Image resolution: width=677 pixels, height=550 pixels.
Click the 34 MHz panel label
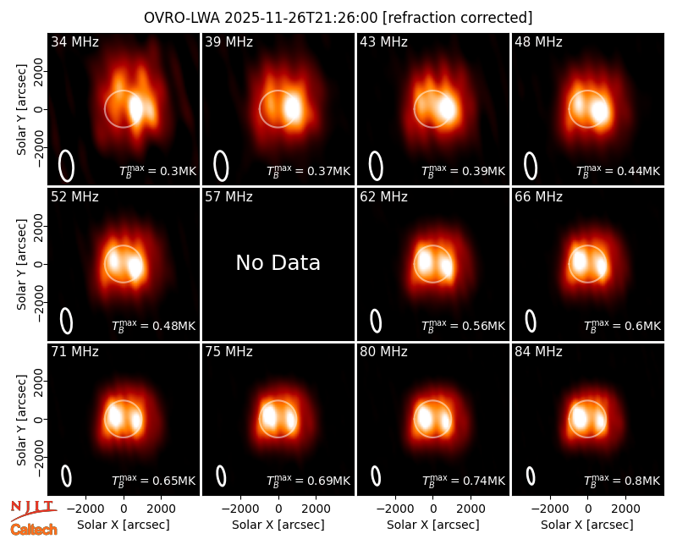[74, 41]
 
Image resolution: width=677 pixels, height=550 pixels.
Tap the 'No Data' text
[278, 262]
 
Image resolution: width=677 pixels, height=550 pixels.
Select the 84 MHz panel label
[538, 352]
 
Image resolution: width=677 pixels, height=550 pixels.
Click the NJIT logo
[33, 510]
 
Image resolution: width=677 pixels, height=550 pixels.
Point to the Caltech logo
[34, 530]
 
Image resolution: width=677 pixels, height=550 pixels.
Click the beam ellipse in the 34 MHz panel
[67, 166]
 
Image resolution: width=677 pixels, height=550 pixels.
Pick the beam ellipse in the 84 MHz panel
[531, 476]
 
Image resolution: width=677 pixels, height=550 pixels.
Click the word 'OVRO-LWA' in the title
[182, 18]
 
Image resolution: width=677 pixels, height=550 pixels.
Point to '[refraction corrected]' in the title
[457, 18]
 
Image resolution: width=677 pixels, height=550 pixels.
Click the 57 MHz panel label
[228, 197]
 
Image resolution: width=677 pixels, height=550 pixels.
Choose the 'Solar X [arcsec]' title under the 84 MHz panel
[587, 525]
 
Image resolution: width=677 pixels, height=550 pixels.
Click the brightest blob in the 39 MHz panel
[292, 108]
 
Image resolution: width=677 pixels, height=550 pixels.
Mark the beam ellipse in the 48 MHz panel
[531, 166]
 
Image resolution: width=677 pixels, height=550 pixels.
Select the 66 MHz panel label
[538, 197]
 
